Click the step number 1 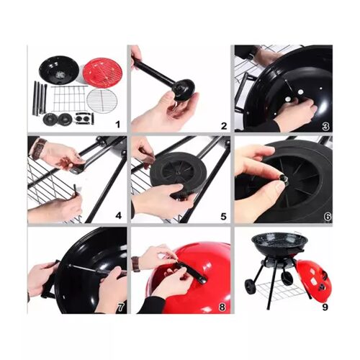(x=117, y=125)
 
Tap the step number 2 (x=224, y=126)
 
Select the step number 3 (x=325, y=126)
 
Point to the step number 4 (x=118, y=216)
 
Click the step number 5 (x=223, y=216)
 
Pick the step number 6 (x=328, y=217)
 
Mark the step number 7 (x=120, y=307)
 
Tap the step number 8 (x=222, y=307)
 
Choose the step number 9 (x=325, y=307)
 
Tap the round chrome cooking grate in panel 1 (x=102, y=100)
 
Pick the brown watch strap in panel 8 (x=135, y=264)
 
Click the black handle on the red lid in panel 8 (x=192, y=273)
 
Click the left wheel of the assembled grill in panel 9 (x=251, y=287)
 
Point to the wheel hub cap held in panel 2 (x=184, y=90)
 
